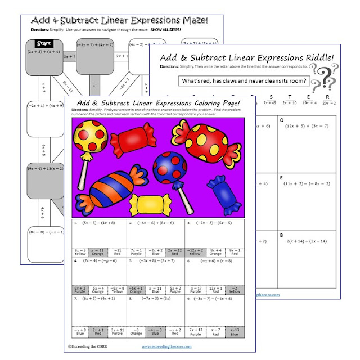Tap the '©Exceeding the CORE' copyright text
click(x=93, y=347)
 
